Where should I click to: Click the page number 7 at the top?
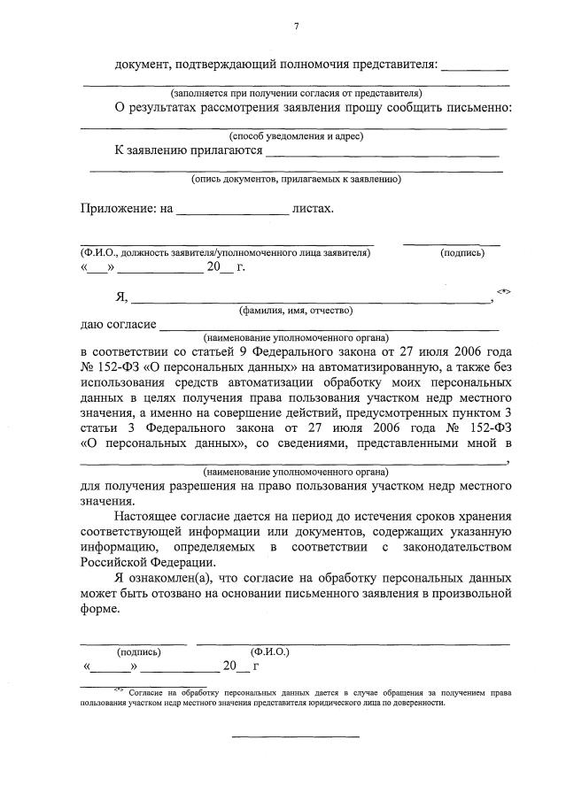tap(296, 26)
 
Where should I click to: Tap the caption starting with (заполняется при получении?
tap(296, 93)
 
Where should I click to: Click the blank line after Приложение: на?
tap(233, 211)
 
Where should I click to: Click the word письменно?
tap(480, 108)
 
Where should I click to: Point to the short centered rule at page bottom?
tap(296, 736)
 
